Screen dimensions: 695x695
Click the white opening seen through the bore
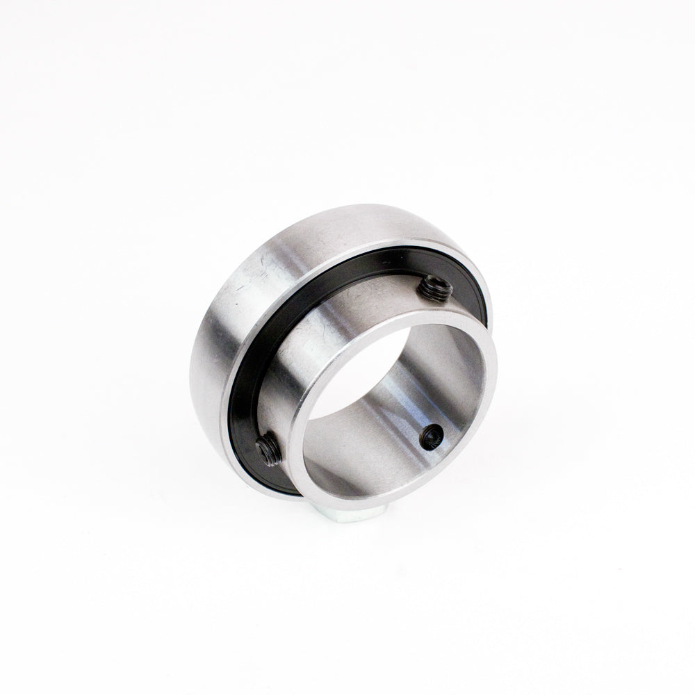[x=361, y=389]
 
